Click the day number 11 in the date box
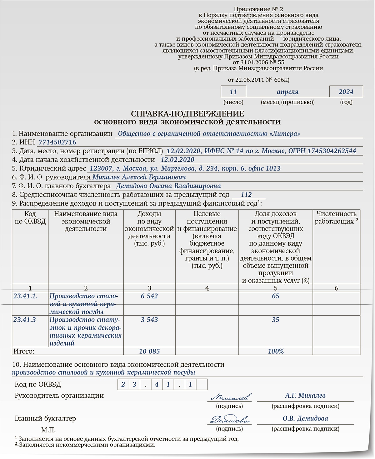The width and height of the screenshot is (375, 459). point(233,92)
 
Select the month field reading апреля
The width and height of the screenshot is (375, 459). point(287,92)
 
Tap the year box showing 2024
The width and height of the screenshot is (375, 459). point(346,92)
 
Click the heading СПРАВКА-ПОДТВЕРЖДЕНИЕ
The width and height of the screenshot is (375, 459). point(187,114)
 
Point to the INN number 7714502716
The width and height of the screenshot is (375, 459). point(57,142)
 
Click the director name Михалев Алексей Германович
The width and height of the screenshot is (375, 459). point(139,177)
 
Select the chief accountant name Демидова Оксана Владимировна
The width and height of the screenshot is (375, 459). point(168,186)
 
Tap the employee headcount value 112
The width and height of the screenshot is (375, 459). point(246,195)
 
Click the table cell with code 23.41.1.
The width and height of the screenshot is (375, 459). point(25,296)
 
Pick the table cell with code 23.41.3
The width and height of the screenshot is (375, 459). point(25,320)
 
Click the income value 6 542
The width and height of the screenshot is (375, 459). point(149,296)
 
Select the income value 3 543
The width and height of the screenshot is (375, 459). point(149,320)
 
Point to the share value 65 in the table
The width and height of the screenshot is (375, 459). point(275,296)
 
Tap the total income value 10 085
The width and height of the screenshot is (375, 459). point(149,351)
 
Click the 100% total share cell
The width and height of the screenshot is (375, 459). point(276,351)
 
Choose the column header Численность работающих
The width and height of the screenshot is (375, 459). point(336,217)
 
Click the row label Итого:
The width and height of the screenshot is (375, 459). point(23,351)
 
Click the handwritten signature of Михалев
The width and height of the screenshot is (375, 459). point(231,397)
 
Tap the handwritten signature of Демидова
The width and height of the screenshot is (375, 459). point(230,420)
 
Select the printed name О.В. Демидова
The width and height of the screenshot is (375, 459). point(305,419)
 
